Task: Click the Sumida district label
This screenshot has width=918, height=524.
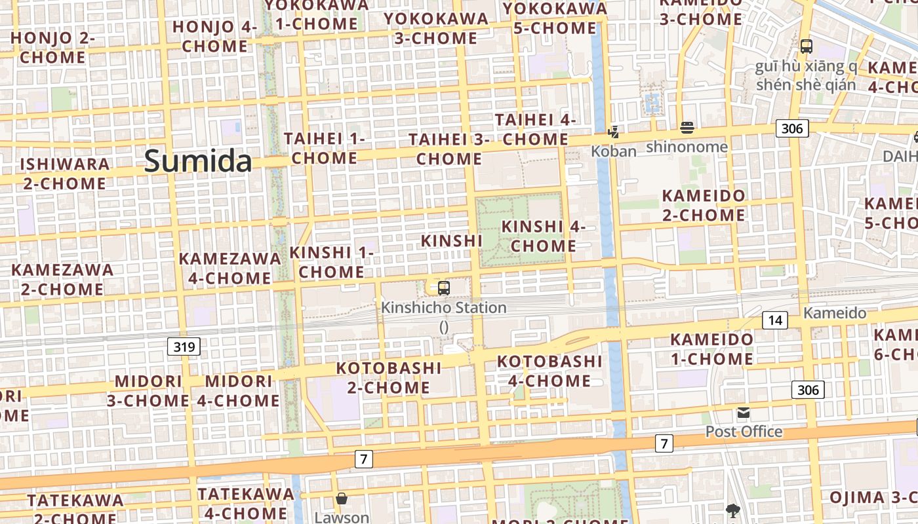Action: tap(198, 161)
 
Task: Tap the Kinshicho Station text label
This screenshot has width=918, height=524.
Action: tap(444, 307)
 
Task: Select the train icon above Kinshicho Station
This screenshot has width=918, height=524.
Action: tap(444, 288)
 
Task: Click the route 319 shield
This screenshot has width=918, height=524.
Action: tap(184, 346)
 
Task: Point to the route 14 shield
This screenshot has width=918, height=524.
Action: tap(775, 320)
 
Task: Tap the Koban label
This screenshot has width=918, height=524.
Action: tap(614, 151)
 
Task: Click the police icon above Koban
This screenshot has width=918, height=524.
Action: tap(614, 132)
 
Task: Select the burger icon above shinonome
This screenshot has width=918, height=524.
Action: tap(687, 127)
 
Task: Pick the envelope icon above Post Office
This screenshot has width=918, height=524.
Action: tap(744, 413)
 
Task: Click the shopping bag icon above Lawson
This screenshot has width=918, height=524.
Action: tap(341, 499)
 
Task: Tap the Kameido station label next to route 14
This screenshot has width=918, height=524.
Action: tap(835, 313)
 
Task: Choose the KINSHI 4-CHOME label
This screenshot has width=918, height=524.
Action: tap(544, 236)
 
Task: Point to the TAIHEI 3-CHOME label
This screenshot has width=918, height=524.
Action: tap(449, 149)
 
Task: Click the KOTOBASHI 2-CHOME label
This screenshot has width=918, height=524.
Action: tap(389, 377)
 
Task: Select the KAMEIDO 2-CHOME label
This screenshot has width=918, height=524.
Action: tap(704, 205)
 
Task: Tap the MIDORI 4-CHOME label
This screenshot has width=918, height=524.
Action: tap(238, 390)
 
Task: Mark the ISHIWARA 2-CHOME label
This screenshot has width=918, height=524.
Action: tap(64, 174)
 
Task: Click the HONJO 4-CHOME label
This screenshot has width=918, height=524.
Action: tap(214, 36)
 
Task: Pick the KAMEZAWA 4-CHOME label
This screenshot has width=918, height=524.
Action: tap(229, 268)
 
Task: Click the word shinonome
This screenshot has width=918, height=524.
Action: tap(687, 147)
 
